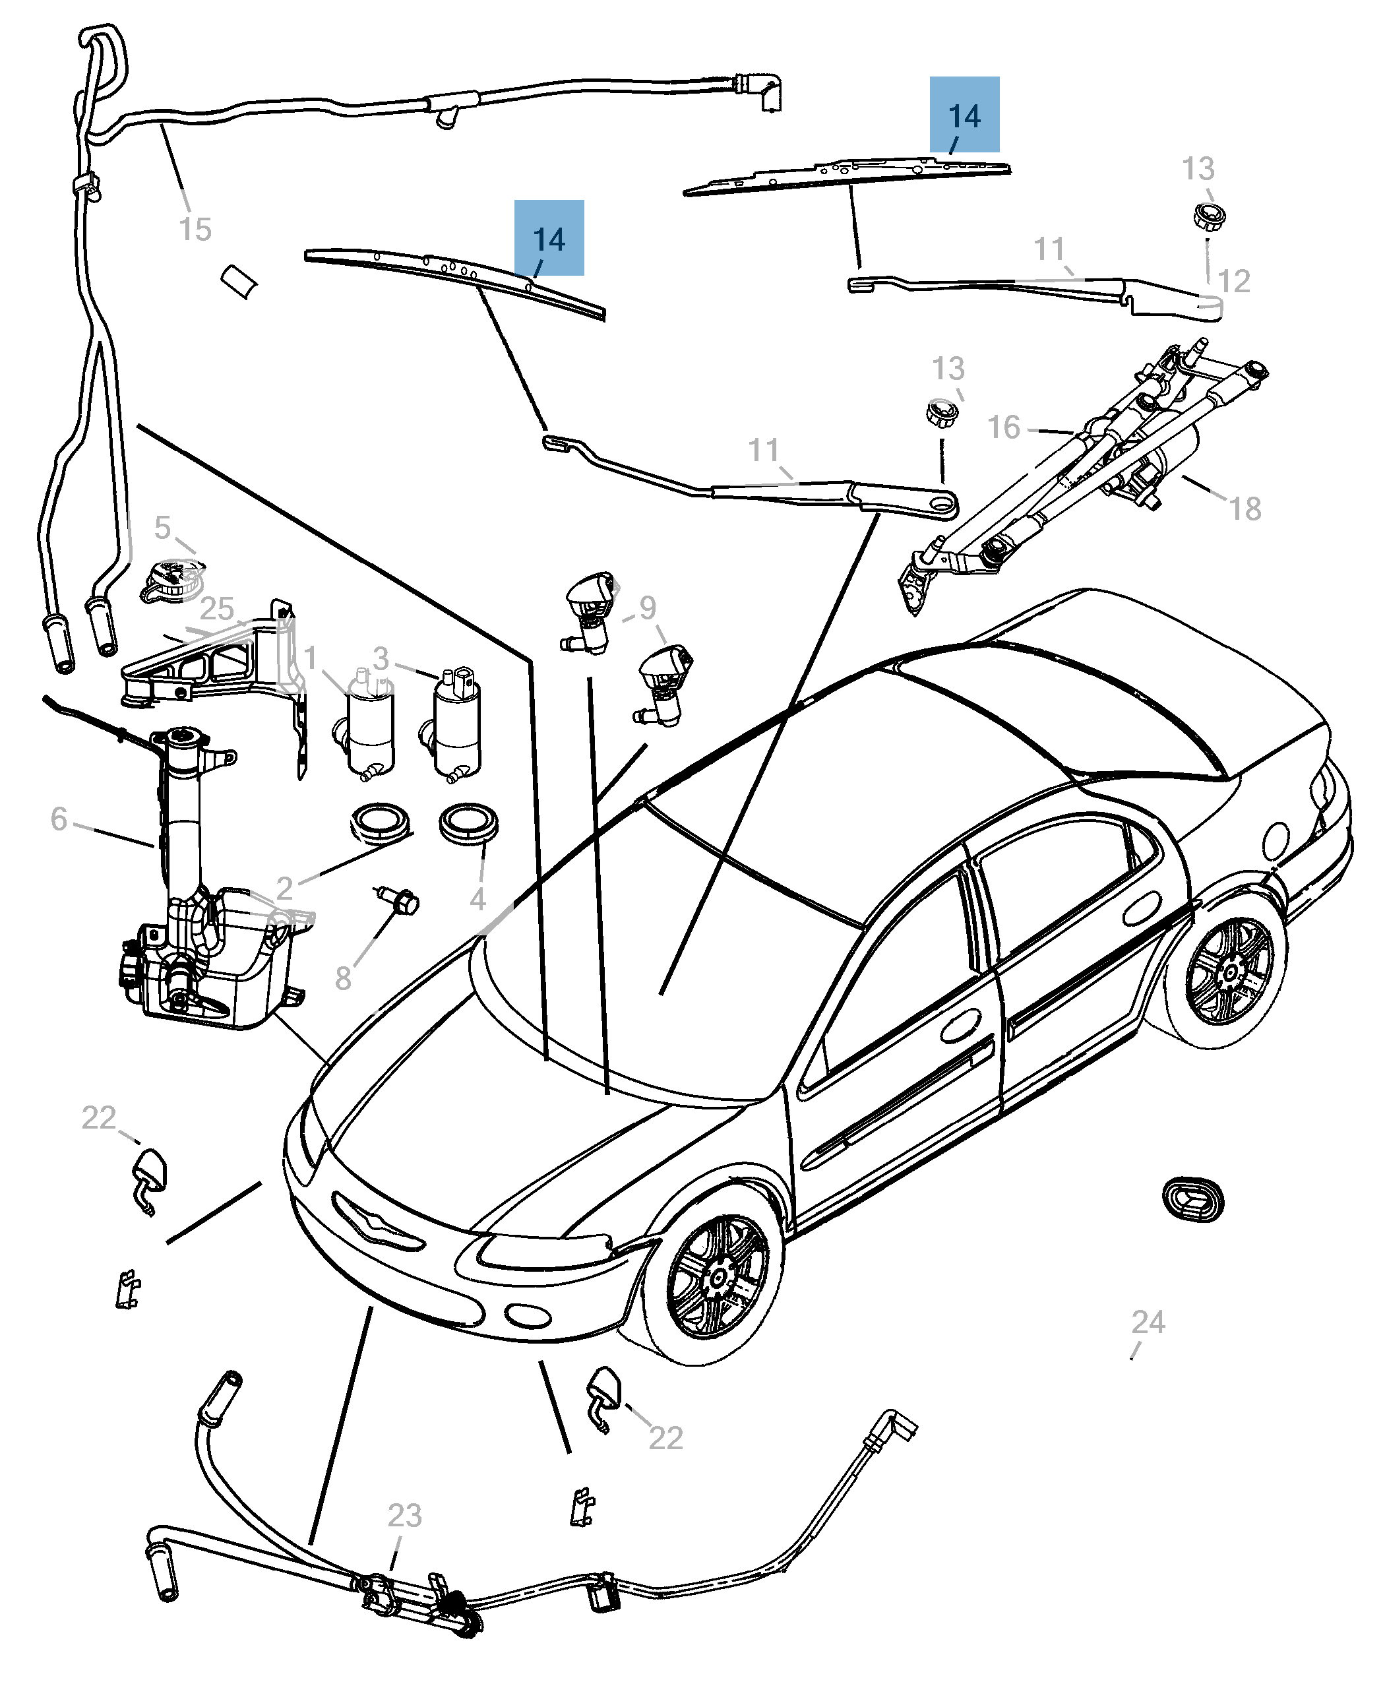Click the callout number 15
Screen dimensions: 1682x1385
click(195, 230)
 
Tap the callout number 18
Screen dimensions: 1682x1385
click(1245, 509)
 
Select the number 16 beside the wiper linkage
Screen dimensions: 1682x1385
click(1004, 427)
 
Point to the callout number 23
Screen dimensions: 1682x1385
click(404, 1515)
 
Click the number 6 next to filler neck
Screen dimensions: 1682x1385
click(59, 819)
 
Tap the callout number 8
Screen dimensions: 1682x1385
click(343, 978)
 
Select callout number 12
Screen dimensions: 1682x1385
click(1233, 281)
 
